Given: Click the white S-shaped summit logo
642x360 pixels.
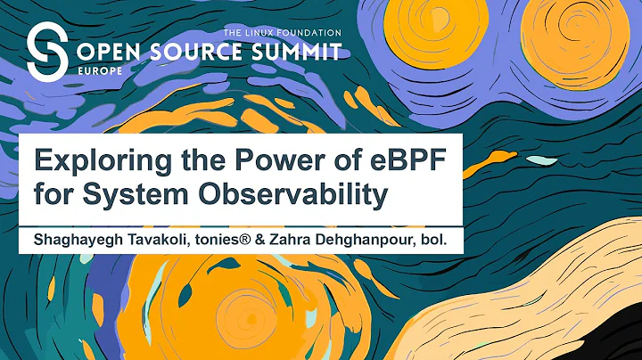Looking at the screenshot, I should click(45, 52).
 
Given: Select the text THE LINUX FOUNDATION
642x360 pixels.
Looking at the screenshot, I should click(283, 32).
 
